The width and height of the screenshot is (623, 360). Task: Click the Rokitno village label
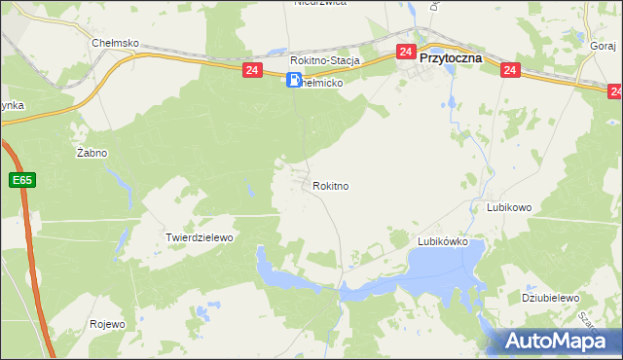pos(331,186)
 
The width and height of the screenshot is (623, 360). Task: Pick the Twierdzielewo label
pos(201,237)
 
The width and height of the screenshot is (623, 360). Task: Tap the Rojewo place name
pos(107,325)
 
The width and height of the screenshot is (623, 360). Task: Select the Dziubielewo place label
pos(551,299)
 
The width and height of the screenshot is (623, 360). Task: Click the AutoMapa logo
pos(560,341)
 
